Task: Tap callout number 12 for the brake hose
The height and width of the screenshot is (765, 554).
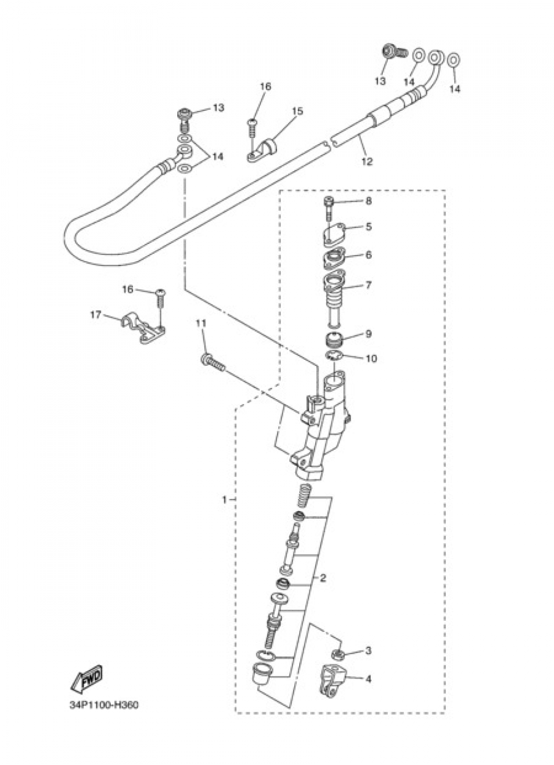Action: (367, 161)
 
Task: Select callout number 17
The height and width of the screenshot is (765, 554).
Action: (96, 314)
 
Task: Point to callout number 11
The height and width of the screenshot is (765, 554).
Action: (201, 323)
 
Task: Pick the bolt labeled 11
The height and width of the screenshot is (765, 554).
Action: (213, 364)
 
